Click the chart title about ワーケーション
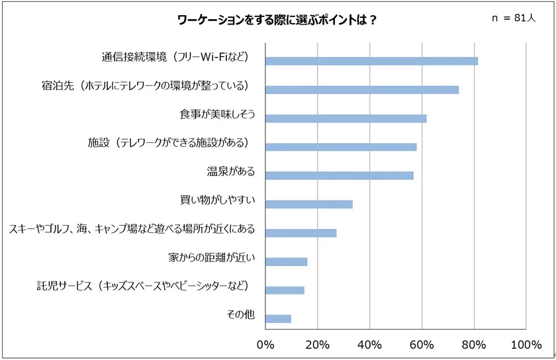click(277, 19)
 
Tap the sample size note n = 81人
click(513, 19)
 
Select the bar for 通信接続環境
click(371, 61)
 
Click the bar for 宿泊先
click(362, 89)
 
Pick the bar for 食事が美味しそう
click(346, 118)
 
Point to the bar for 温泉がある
click(340, 175)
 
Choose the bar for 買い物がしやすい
click(309, 204)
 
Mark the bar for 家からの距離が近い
click(286, 261)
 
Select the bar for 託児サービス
click(285, 290)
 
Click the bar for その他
click(278, 318)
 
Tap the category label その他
click(240, 315)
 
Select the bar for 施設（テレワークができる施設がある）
click(341, 147)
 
